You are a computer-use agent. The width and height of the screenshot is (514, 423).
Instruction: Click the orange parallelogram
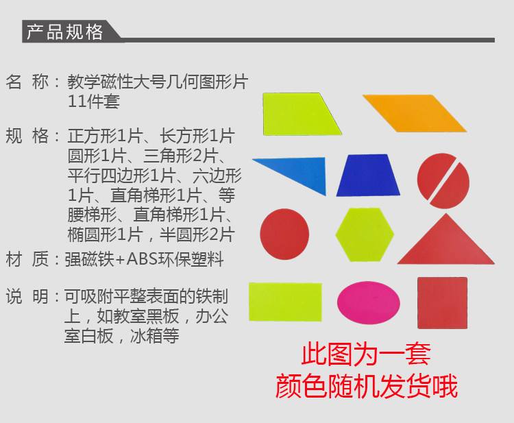(x=415, y=113)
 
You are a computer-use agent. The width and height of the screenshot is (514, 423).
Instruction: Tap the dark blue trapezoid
(x=368, y=175)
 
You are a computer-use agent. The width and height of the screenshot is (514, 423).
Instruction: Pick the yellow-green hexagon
(x=365, y=234)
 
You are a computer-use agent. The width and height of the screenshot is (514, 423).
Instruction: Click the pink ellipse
(x=369, y=302)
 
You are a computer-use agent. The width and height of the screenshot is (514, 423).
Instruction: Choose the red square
(x=442, y=302)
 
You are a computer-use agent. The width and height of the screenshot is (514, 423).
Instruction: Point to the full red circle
(x=284, y=234)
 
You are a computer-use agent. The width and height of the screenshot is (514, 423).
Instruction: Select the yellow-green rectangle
(x=285, y=302)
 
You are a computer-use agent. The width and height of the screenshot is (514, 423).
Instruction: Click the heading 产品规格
(x=64, y=32)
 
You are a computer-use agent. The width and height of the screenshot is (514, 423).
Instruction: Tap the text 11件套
(x=93, y=101)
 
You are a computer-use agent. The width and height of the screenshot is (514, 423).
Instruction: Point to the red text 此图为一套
(x=366, y=354)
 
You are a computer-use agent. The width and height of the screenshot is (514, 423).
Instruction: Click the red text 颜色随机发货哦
(x=367, y=386)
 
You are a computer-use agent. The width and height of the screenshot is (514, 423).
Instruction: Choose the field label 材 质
(x=27, y=259)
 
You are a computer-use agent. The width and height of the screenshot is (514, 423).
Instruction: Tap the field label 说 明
(x=27, y=296)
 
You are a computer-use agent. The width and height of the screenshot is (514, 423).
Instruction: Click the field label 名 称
(x=27, y=82)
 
